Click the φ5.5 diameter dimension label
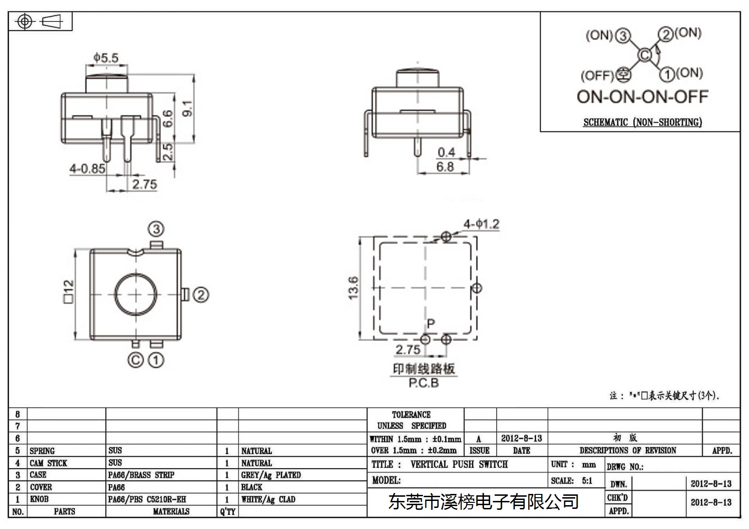[x=106, y=58]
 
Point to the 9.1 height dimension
[x=188, y=108]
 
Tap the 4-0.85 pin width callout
[x=87, y=168]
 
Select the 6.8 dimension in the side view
[x=445, y=167]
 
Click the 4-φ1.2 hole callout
[x=481, y=224]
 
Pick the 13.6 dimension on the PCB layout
[x=353, y=288]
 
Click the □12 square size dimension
[x=68, y=291]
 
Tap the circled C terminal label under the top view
[x=135, y=360]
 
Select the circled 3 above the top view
[x=156, y=229]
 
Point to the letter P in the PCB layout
[x=431, y=324]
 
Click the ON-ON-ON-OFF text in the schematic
[x=642, y=96]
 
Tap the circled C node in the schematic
[x=645, y=55]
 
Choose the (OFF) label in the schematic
[x=597, y=75]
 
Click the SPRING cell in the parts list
[x=42, y=451]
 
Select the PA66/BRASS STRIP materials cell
[x=141, y=475]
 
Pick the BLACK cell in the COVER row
[x=251, y=487]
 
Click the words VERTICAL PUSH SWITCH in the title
[x=459, y=464]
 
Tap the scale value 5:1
[x=587, y=480]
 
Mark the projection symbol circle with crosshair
[x=24, y=22]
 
